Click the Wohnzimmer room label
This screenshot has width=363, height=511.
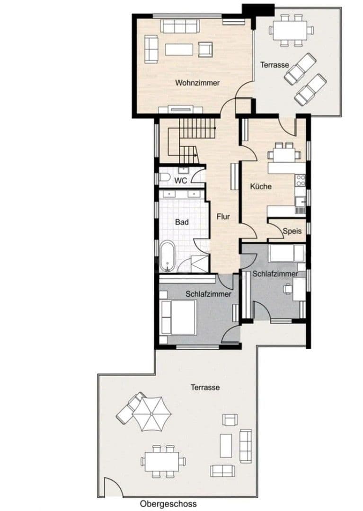coord(197,83)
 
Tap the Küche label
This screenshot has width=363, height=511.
coord(261,186)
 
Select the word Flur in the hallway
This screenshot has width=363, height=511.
coord(223,217)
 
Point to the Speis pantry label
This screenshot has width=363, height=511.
coord(292,231)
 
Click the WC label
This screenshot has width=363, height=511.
coord(180,181)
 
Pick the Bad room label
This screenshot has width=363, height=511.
coord(182,221)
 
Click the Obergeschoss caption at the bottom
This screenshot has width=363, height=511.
coord(168,504)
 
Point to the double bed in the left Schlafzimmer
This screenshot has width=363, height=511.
coord(178,317)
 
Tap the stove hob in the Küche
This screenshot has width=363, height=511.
coord(301,180)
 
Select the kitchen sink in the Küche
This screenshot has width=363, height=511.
coord(300,203)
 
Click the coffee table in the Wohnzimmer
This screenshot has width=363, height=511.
coord(179,49)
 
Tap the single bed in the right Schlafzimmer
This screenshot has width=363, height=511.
coord(286,253)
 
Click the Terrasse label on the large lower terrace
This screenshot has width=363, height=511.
coord(205,387)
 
